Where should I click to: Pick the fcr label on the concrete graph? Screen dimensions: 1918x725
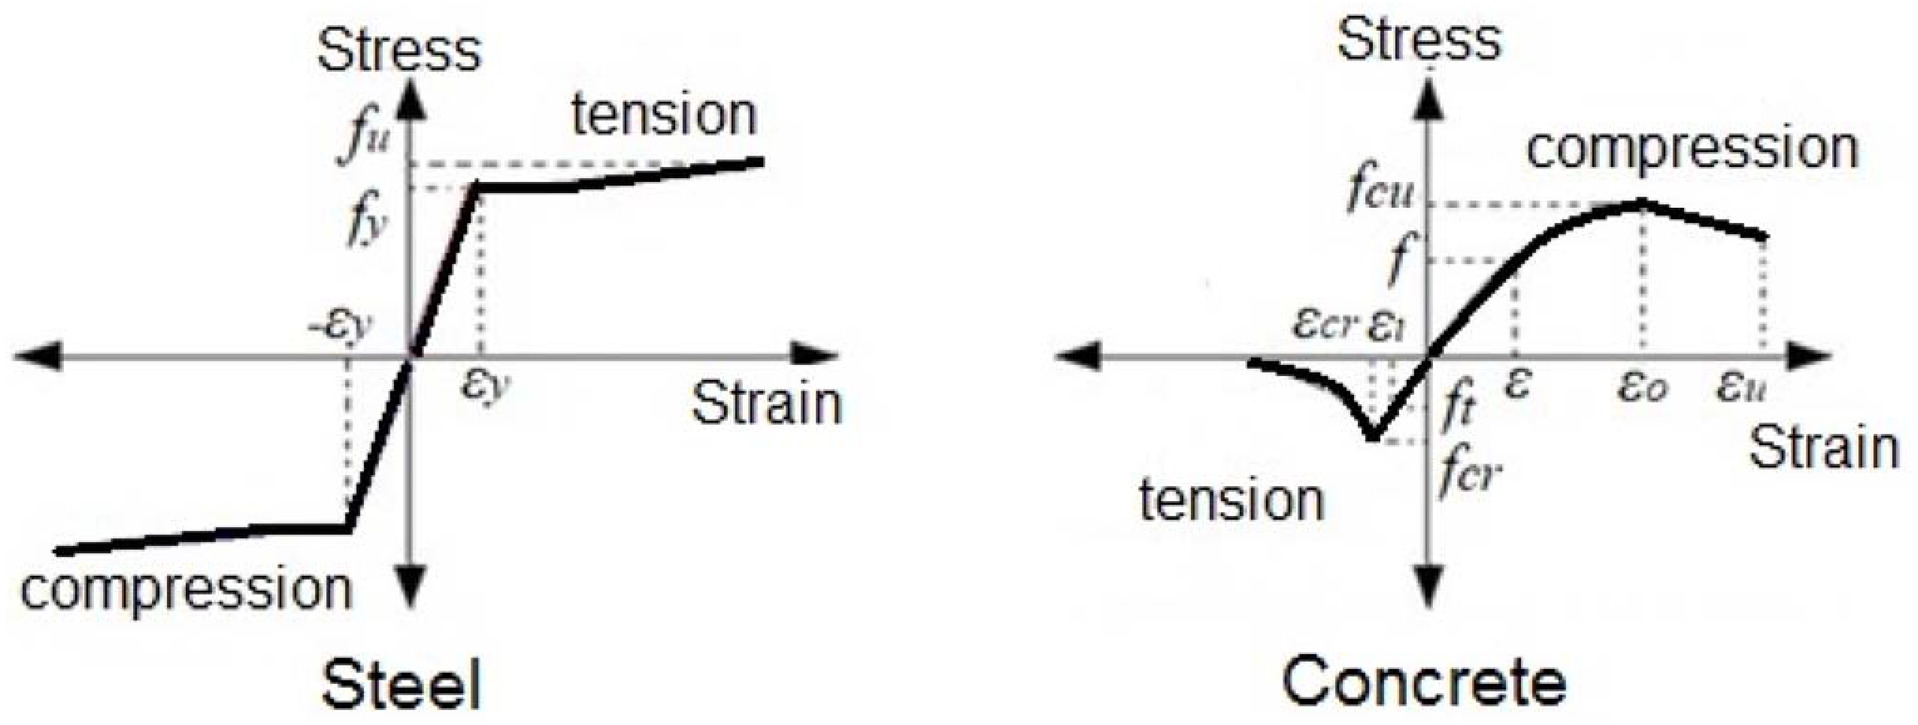click(1468, 470)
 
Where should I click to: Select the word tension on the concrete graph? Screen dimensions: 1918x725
click(1232, 498)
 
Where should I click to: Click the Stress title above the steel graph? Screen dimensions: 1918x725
click(399, 51)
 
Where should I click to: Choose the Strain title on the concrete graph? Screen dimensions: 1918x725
click(1824, 448)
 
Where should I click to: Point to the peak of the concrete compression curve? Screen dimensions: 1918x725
click(1641, 201)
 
